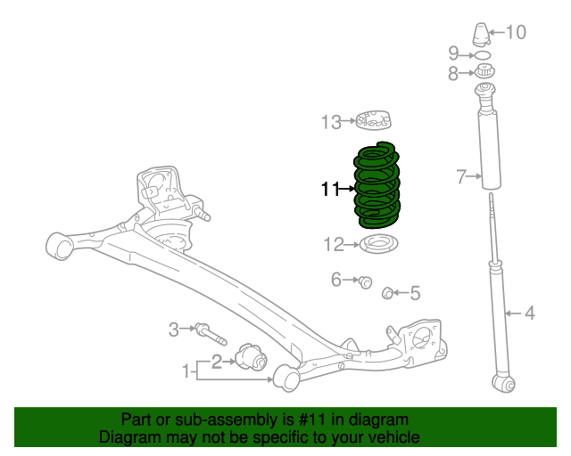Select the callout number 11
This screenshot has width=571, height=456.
tap(330, 189)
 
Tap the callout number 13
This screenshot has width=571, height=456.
tap(331, 121)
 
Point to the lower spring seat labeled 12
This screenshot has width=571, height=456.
tap(379, 243)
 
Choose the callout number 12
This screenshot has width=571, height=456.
tap(333, 244)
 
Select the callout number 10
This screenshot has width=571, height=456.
tap(517, 33)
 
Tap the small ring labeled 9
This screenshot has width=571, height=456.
tap(484, 55)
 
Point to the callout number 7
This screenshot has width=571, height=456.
tap(461, 177)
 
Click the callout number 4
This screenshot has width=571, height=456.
tap(529, 313)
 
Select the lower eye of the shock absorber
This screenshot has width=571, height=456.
tap(504, 383)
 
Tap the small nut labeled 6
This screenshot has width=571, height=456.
tap(365, 282)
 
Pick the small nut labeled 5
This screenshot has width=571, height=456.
tap(388, 292)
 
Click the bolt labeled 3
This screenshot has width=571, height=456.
tap(211, 335)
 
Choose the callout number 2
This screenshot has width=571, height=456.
tap(216, 361)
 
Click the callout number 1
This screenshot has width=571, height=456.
tap(188, 370)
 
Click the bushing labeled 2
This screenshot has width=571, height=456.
tap(253, 361)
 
